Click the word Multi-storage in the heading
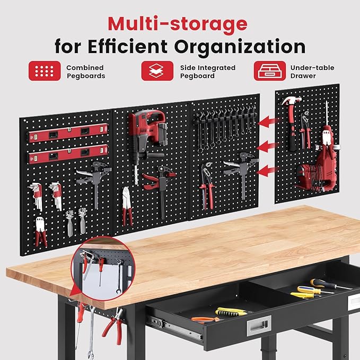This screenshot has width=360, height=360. click(178, 23)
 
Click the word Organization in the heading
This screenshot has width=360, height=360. click(240, 47)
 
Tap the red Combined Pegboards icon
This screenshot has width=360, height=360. click(45, 71)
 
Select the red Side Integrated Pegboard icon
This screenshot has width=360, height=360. click(157, 71)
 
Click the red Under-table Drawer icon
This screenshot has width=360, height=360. click(270, 71)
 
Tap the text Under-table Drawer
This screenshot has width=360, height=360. click(312, 72)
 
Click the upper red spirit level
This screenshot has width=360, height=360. click(68, 133)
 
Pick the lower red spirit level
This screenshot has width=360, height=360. click(68, 154)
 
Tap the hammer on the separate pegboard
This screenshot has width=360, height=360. click(292, 122)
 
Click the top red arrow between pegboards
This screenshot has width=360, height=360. click(268, 121)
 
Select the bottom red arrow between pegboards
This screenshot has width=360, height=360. click(267, 171)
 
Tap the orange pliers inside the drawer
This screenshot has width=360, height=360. click(205, 320)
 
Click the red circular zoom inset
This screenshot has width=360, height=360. click(103, 268)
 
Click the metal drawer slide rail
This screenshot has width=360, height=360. click(175, 327)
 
